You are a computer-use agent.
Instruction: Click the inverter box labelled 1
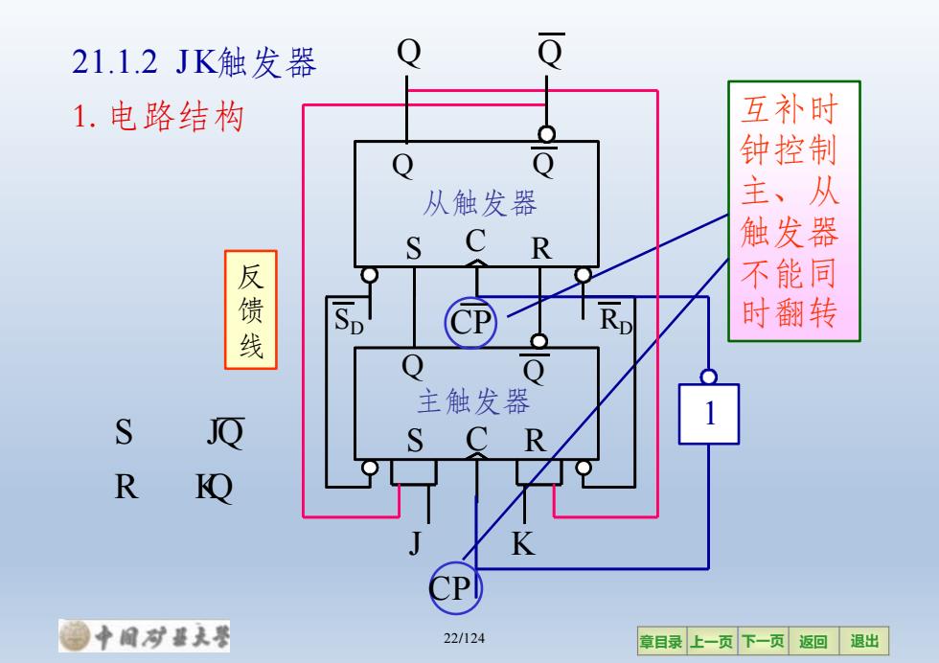click(708, 414)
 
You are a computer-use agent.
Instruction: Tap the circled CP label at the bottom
click(455, 588)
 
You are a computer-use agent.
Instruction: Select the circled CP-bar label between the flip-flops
click(470, 323)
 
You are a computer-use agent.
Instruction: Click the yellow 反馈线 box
click(251, 309)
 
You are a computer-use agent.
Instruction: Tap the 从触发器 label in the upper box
click(480, 202)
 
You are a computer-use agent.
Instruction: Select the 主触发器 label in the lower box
click(474, 400)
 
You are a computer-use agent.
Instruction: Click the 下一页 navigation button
click(763, 641)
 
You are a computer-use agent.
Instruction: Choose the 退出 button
click(864, 641)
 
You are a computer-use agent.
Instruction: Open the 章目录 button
click(662, 641)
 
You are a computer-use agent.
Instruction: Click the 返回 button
click(813, 641)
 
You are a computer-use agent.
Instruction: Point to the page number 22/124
click(464, 638)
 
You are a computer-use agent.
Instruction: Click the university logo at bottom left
click(145, 635)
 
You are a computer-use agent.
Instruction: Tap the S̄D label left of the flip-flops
click(349, 319)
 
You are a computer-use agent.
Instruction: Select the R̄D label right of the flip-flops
click(615, 319)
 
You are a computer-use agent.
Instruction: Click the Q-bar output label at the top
click(551, 51)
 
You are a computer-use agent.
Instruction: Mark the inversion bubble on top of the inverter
click(708, 377)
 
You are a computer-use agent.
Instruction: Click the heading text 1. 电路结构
click(158, 116)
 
